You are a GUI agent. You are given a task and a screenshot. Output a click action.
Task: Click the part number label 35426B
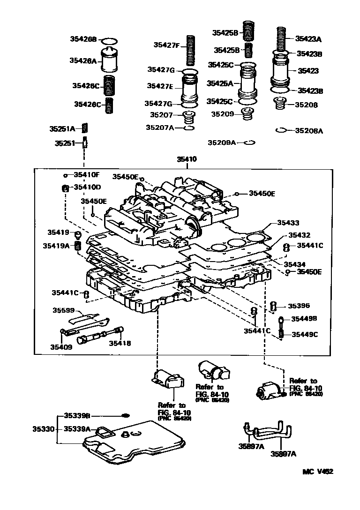point(83,39)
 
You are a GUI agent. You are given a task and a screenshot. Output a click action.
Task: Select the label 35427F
point(166,45)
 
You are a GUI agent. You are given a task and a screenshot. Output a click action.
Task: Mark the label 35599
point(63,310)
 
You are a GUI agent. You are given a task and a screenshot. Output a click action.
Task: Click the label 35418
point(120,343)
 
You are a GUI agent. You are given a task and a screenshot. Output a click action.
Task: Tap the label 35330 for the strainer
point(43,428)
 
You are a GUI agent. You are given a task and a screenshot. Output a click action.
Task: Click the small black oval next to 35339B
point(125,415)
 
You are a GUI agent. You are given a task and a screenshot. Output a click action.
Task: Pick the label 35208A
point(308,131)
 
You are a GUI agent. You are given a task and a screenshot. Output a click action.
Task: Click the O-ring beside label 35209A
point(249,143)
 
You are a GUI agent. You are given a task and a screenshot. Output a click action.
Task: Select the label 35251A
point(62,128)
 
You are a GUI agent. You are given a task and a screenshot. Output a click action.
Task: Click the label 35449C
point(305,334)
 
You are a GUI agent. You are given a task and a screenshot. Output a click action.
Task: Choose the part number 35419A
point(56,245)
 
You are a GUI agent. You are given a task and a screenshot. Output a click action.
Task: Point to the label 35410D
point(87,187)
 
